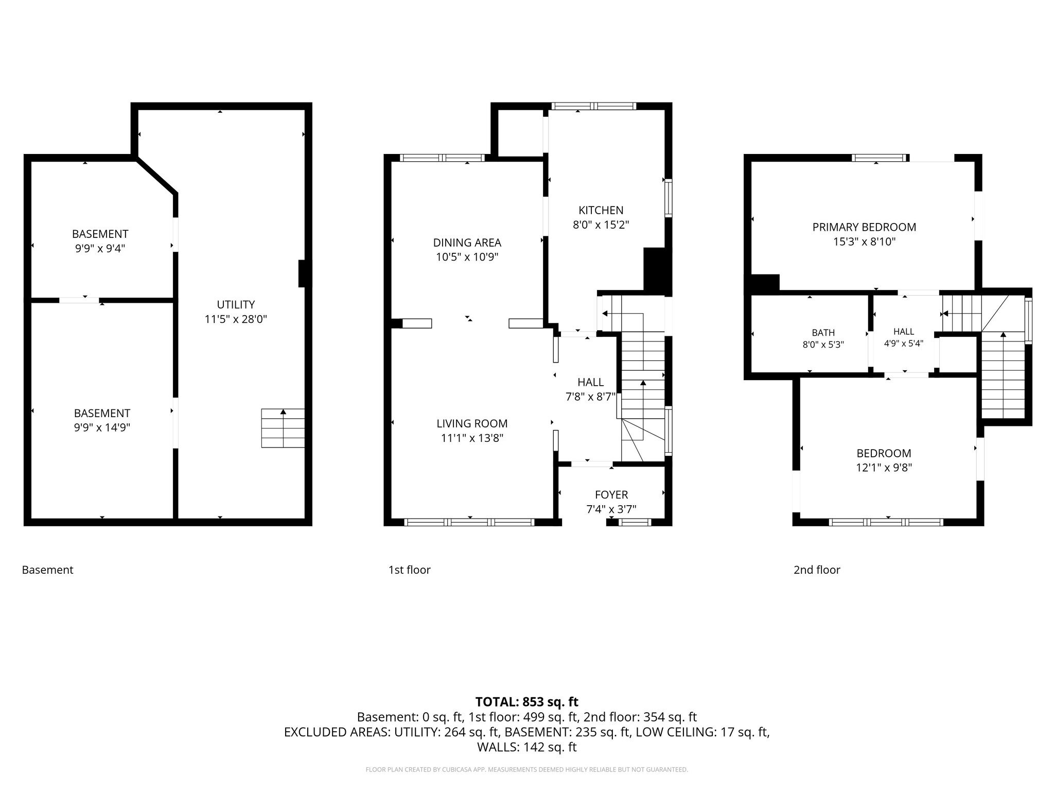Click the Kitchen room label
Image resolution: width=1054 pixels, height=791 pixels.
(601, 210)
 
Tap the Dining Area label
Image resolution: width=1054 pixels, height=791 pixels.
(467, 243)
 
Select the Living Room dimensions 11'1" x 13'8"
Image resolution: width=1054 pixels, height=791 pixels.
(472, 438)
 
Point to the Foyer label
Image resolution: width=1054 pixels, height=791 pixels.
(611, 495)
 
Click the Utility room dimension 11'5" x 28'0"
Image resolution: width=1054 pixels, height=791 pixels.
(236, 319)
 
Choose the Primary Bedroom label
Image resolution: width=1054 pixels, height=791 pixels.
(864, 227)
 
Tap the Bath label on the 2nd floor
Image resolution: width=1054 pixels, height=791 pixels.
(823, 333)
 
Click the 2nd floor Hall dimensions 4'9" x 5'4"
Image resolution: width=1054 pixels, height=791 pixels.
(904, 343)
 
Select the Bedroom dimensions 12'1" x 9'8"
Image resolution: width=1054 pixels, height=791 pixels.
(884, 468)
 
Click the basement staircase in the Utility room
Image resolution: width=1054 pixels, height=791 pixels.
(283, 428)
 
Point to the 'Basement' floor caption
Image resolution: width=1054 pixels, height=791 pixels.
(47, 570)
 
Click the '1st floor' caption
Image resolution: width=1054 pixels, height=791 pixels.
(409, 570)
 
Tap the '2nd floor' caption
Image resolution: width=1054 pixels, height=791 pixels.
(817, 570)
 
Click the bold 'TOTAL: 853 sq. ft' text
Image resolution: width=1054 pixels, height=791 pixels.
(527, 702)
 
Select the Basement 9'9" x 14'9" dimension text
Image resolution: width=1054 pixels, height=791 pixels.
(102, 427)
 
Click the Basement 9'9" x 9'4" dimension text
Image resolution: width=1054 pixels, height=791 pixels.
(100, 248)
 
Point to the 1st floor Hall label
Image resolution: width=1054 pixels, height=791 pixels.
(590, 382)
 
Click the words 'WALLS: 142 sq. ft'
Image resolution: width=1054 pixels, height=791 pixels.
(527, 747)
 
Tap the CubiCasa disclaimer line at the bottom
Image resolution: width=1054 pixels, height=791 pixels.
(527, 770)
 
